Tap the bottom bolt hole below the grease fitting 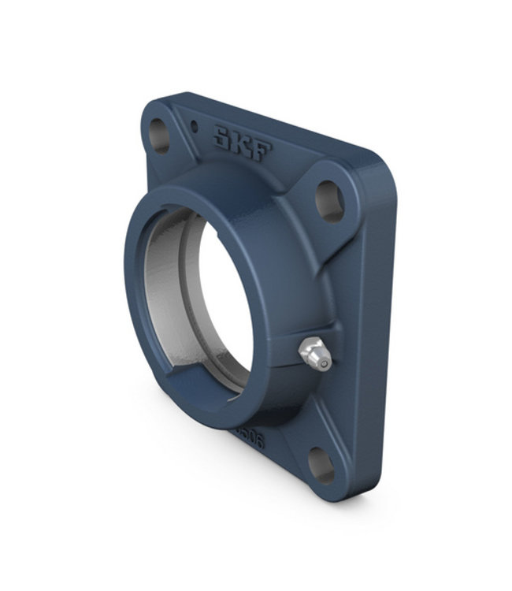click(x=321, y=465)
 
